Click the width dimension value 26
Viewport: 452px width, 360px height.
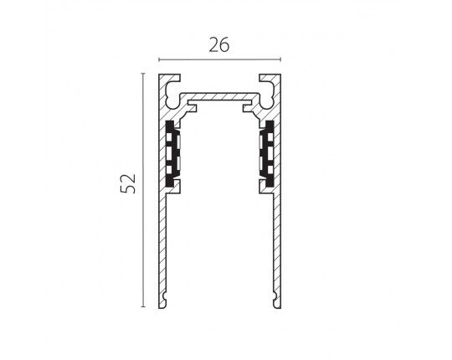(x=219, y=45)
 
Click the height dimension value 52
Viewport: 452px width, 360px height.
(x=128, y=183)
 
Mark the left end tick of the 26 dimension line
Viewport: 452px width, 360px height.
(x=159, y=59)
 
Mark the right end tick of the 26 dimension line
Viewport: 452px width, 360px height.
(x=280, y=59)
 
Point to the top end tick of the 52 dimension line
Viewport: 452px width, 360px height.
(x=143, y=74)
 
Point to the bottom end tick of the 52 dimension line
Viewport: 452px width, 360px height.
(x=143, y=306)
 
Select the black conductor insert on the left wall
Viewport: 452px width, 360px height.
(x=173, y=153)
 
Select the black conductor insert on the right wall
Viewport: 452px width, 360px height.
(x=266, y=153)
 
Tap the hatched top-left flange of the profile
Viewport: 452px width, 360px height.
(x=170, y=79)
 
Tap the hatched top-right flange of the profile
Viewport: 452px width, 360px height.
(x=270, y=79)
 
